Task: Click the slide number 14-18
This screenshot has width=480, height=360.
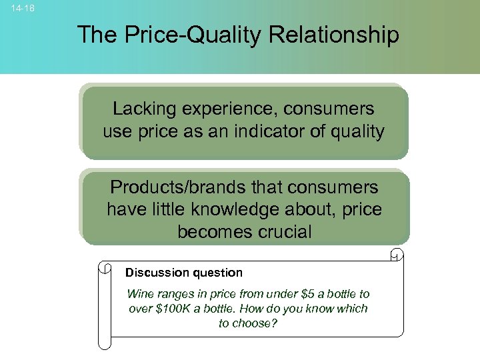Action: coord(23,9)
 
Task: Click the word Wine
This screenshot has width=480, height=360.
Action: coord(139,294)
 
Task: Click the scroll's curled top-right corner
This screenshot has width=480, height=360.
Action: coord(397,254)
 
